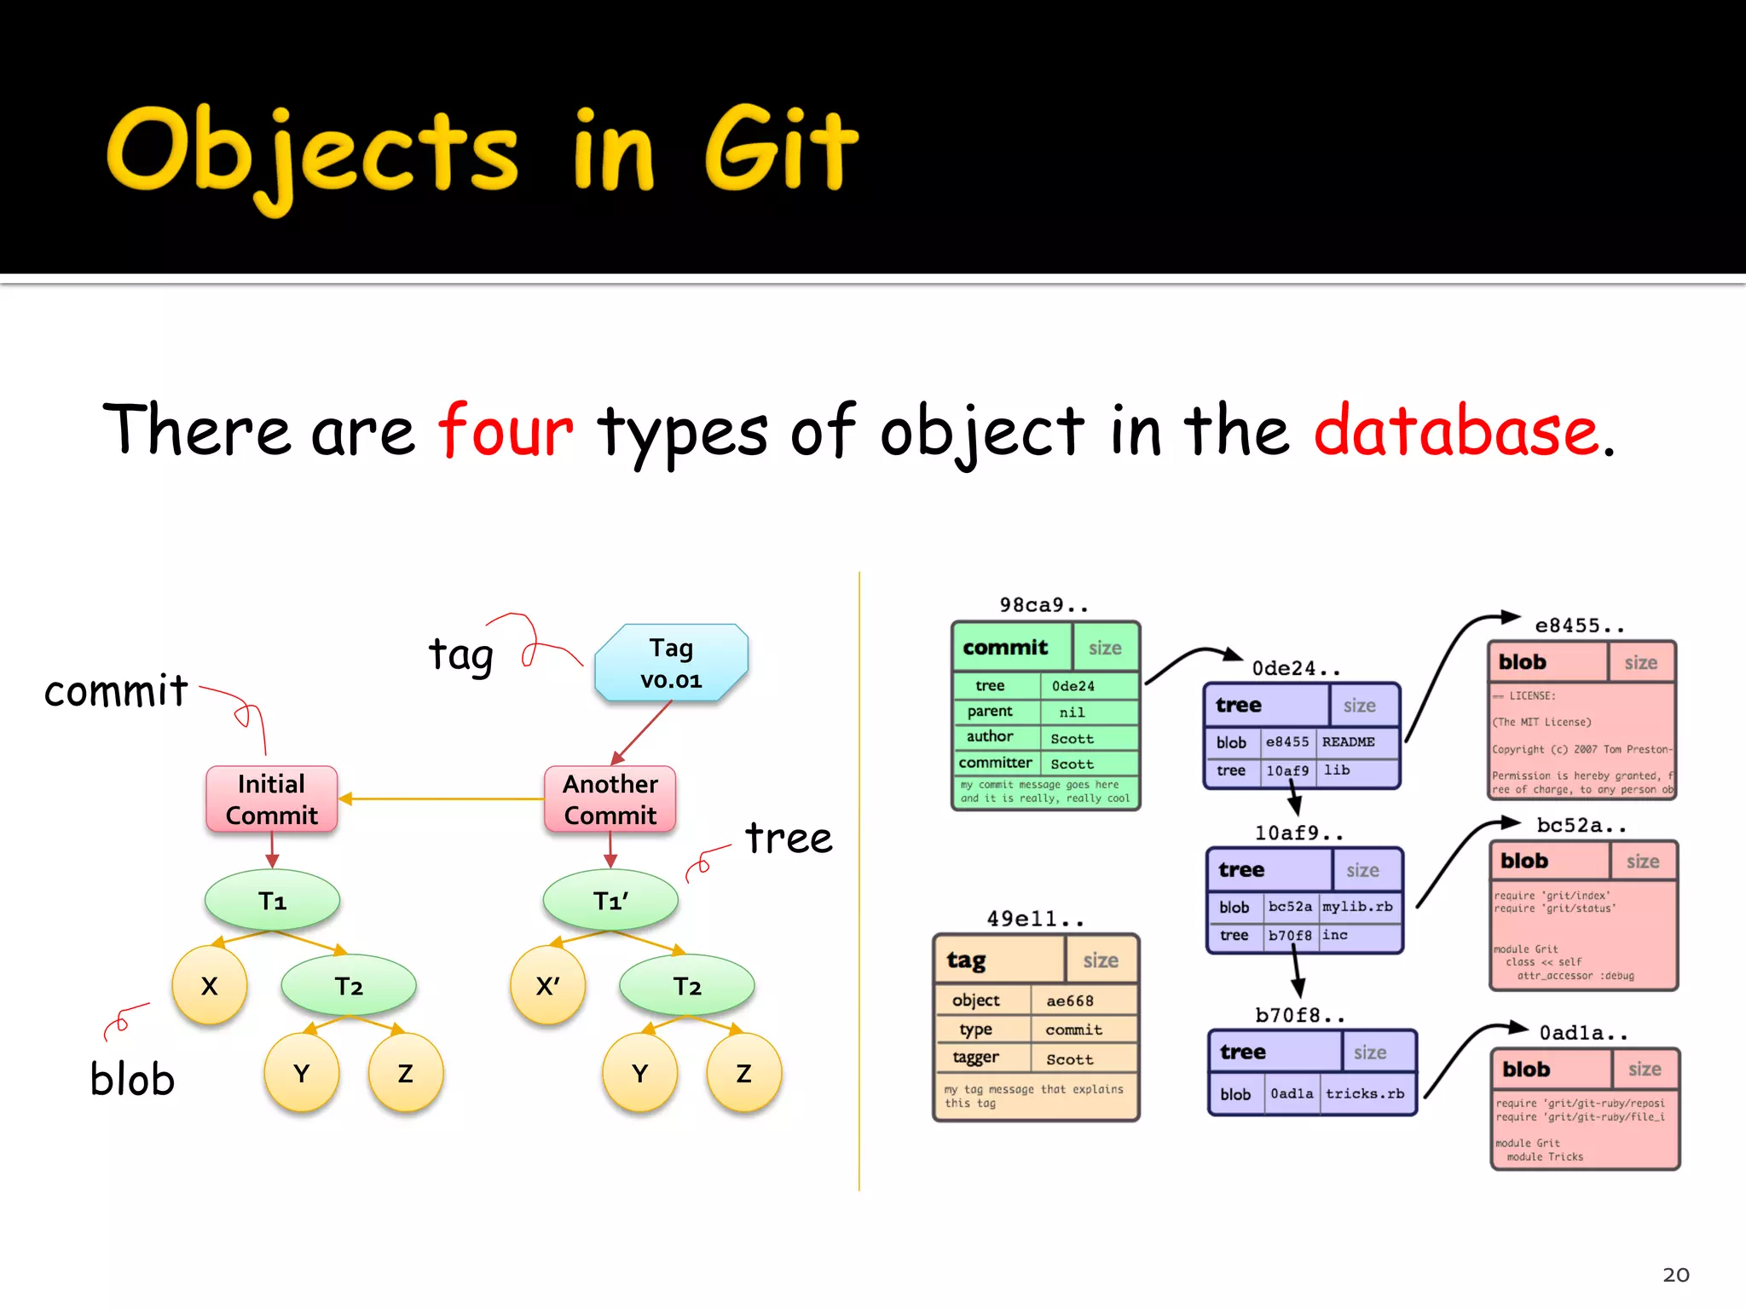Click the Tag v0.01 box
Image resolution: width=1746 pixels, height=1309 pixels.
(671, 663)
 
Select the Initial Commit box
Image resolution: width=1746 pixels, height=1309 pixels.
(271, 799)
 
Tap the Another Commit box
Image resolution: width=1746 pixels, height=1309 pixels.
(610, 799)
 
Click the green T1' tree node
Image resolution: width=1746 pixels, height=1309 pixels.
(610, 901)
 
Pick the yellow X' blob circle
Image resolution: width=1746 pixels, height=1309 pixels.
(547, 986)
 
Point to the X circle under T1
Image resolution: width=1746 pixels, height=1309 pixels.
(209, 986)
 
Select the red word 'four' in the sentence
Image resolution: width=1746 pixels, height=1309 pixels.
(506, 430)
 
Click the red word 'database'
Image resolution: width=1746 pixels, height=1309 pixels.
(1455, 430)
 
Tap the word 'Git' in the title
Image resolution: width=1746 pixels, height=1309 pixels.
(780, 150)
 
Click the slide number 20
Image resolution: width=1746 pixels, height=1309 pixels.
(1675, 1275)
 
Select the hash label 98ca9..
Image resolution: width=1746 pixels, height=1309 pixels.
(1044, 605)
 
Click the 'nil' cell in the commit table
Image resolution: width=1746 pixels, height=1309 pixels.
(1072, 712)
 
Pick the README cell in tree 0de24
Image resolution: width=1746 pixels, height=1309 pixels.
(1348, 742)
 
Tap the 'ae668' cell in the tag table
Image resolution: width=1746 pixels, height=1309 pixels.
(1069, 1001)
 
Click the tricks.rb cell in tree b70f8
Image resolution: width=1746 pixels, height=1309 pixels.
(1364, 1093)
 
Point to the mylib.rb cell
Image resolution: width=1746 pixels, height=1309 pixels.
(1357, 907)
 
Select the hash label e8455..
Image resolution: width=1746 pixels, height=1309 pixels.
(1579, 626)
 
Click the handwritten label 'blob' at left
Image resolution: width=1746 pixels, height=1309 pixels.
(132, 1079)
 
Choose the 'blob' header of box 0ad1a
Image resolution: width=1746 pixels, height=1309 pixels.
(1526, 1070)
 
